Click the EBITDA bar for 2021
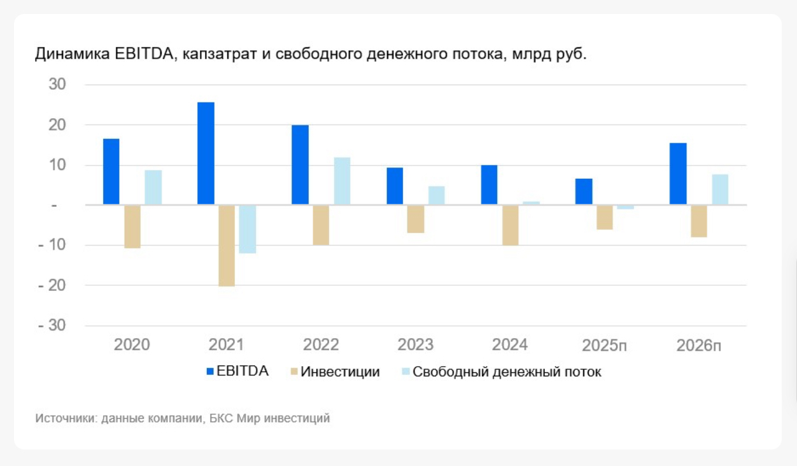coord(206,153)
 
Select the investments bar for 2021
coord(227,246)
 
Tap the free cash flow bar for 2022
coord(342,181)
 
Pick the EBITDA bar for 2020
coord(111,172)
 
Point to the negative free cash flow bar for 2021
coord(248,229)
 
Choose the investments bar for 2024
coord(510,225)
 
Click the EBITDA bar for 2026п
coord(678,174)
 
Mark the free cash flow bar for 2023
coord(436,195)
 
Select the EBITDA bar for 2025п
coord(584,192)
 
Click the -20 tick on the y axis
coord(53,286)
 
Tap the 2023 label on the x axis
coord(416,345)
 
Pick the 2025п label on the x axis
coord(605,345)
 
